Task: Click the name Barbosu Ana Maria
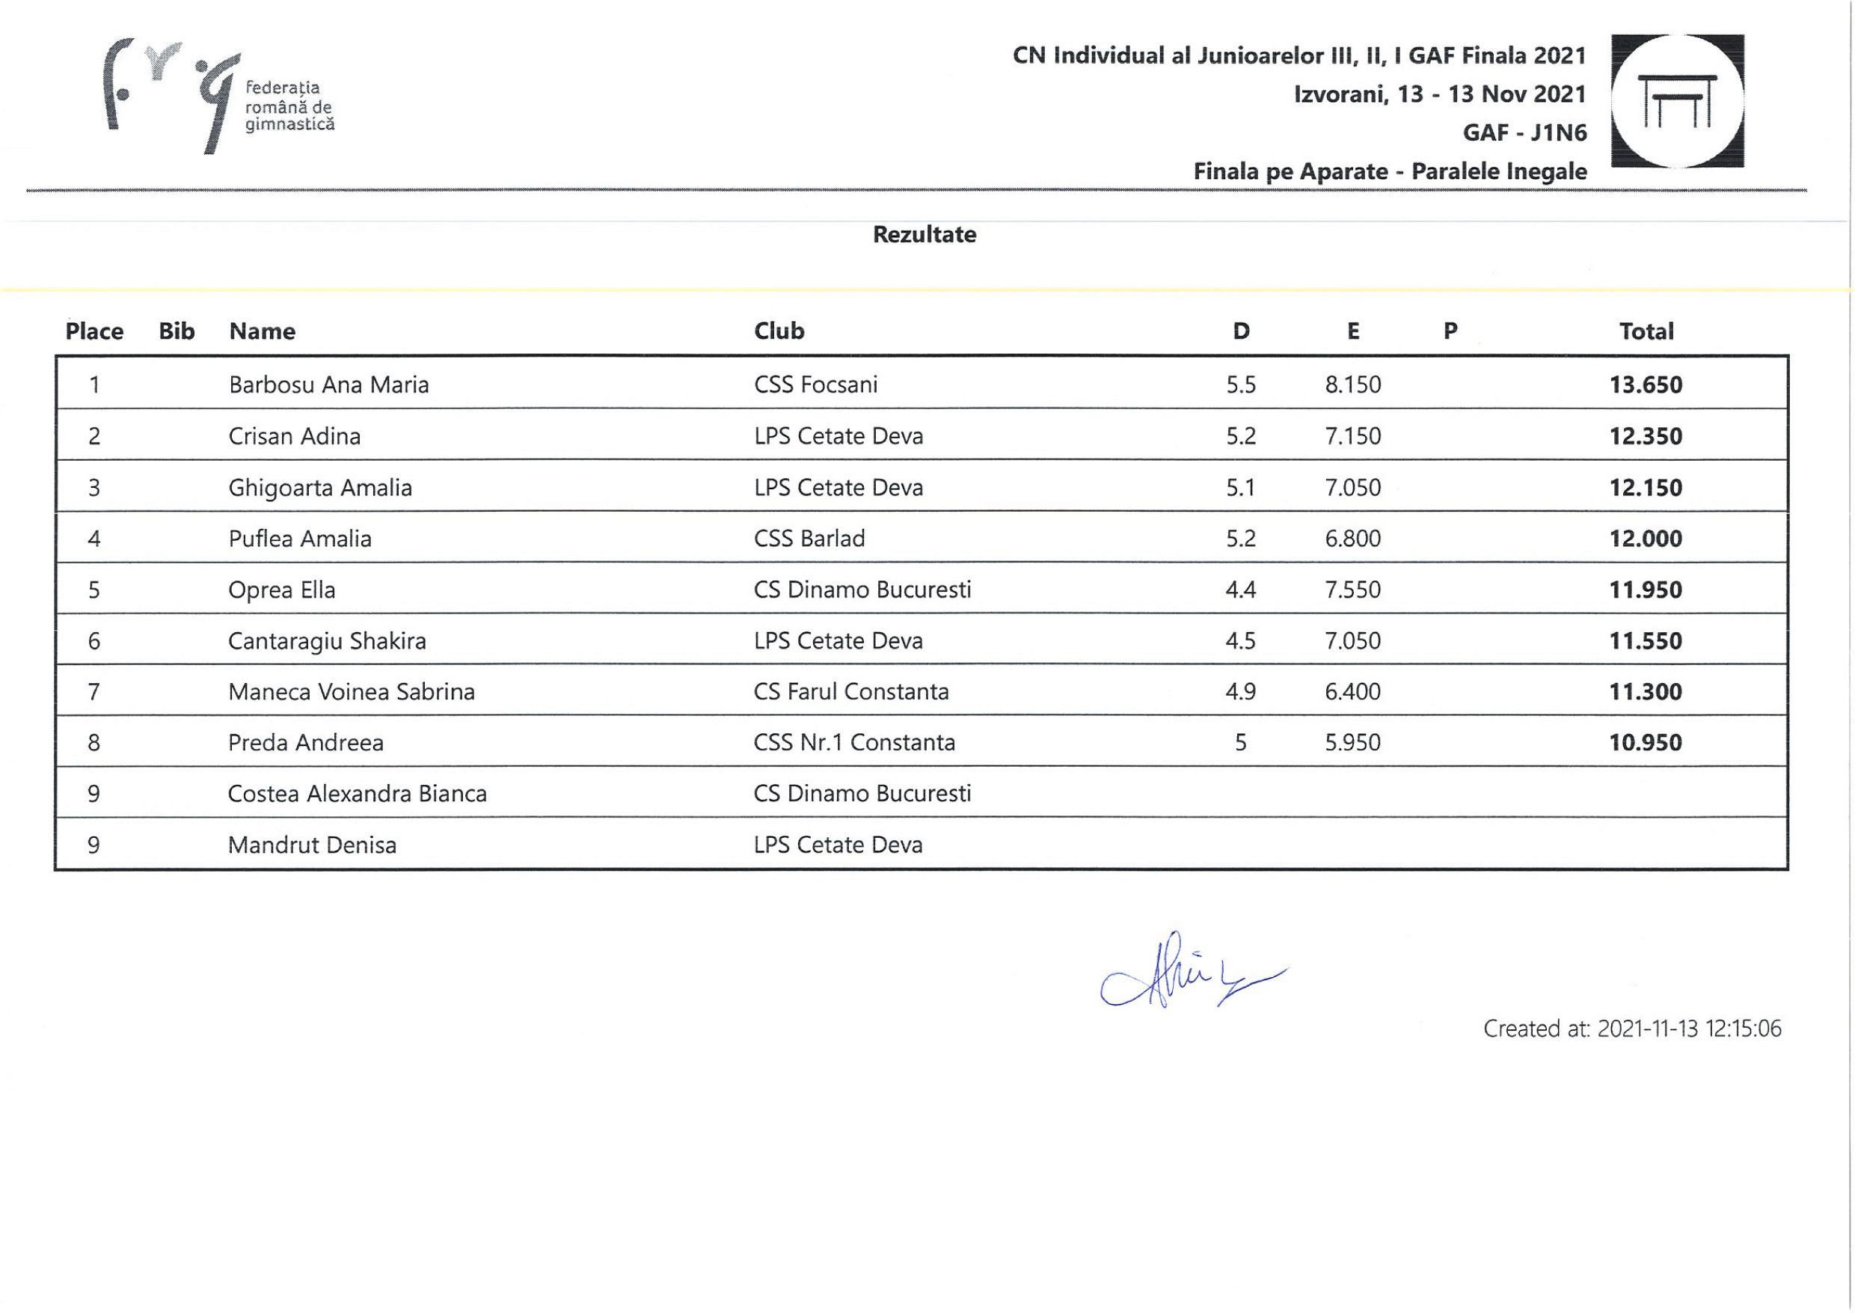tap(328, 385)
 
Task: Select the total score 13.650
tap(1646, 385)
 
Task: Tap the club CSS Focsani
tap(815, 385)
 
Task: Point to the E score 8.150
tap(1352, 385)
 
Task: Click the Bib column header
tap(177, 331)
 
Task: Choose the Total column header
tap(1646, 331)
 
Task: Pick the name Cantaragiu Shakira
tap(327, 641)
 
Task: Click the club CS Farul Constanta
tap(851, 692)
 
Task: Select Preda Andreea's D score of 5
tap(1241, 743)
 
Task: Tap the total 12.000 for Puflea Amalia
tap(1646, 539)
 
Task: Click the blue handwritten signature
tap(1188, 973)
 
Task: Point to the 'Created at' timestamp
tap(1632, 1029)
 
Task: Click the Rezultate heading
tap(924, 235)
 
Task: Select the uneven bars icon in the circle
tap(1677, 100)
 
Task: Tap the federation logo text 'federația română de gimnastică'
tap(289, 106)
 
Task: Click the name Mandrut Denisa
tap(312, 845)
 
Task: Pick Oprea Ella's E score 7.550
tap(1352, 590)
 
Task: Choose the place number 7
tap(93, 692)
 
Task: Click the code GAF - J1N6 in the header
tap(1524, 132)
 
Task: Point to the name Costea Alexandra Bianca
tap(358, 794)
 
